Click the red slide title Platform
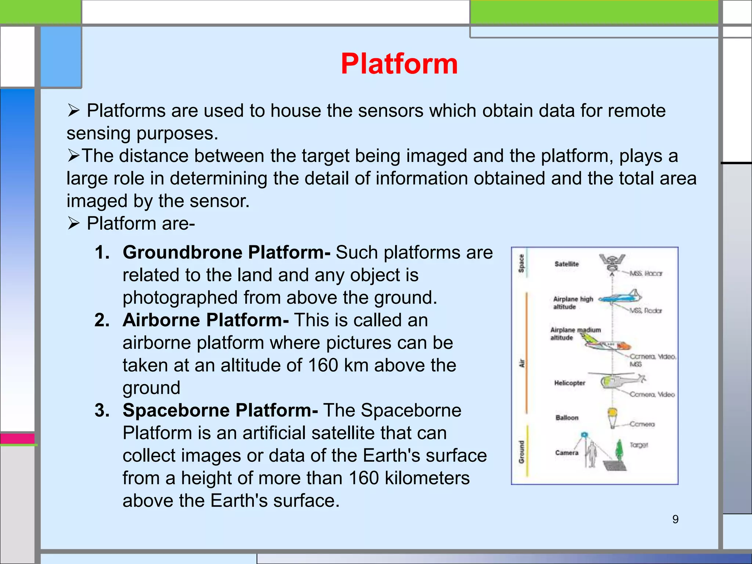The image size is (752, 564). [399, 64]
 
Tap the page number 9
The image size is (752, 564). [675, 519]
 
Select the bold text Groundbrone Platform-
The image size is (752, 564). [226, 253]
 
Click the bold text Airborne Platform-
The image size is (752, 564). [206, 320]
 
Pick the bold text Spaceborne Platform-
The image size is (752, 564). [220, 411]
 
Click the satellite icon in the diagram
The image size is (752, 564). [612, 262]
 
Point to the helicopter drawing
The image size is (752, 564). [621, 381]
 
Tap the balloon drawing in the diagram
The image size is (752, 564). [612, 417]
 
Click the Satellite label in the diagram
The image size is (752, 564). [567, 264]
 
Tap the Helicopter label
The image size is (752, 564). [570, 383]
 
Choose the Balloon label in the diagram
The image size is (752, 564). [567, 418]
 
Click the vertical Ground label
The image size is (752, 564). [521, 452]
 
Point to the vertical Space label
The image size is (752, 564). [521, 264]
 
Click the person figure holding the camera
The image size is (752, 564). [591, 454]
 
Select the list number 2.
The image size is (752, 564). [102, 320]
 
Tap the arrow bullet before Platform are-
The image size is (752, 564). [74, 224]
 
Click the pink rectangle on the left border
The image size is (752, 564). [17, 438]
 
